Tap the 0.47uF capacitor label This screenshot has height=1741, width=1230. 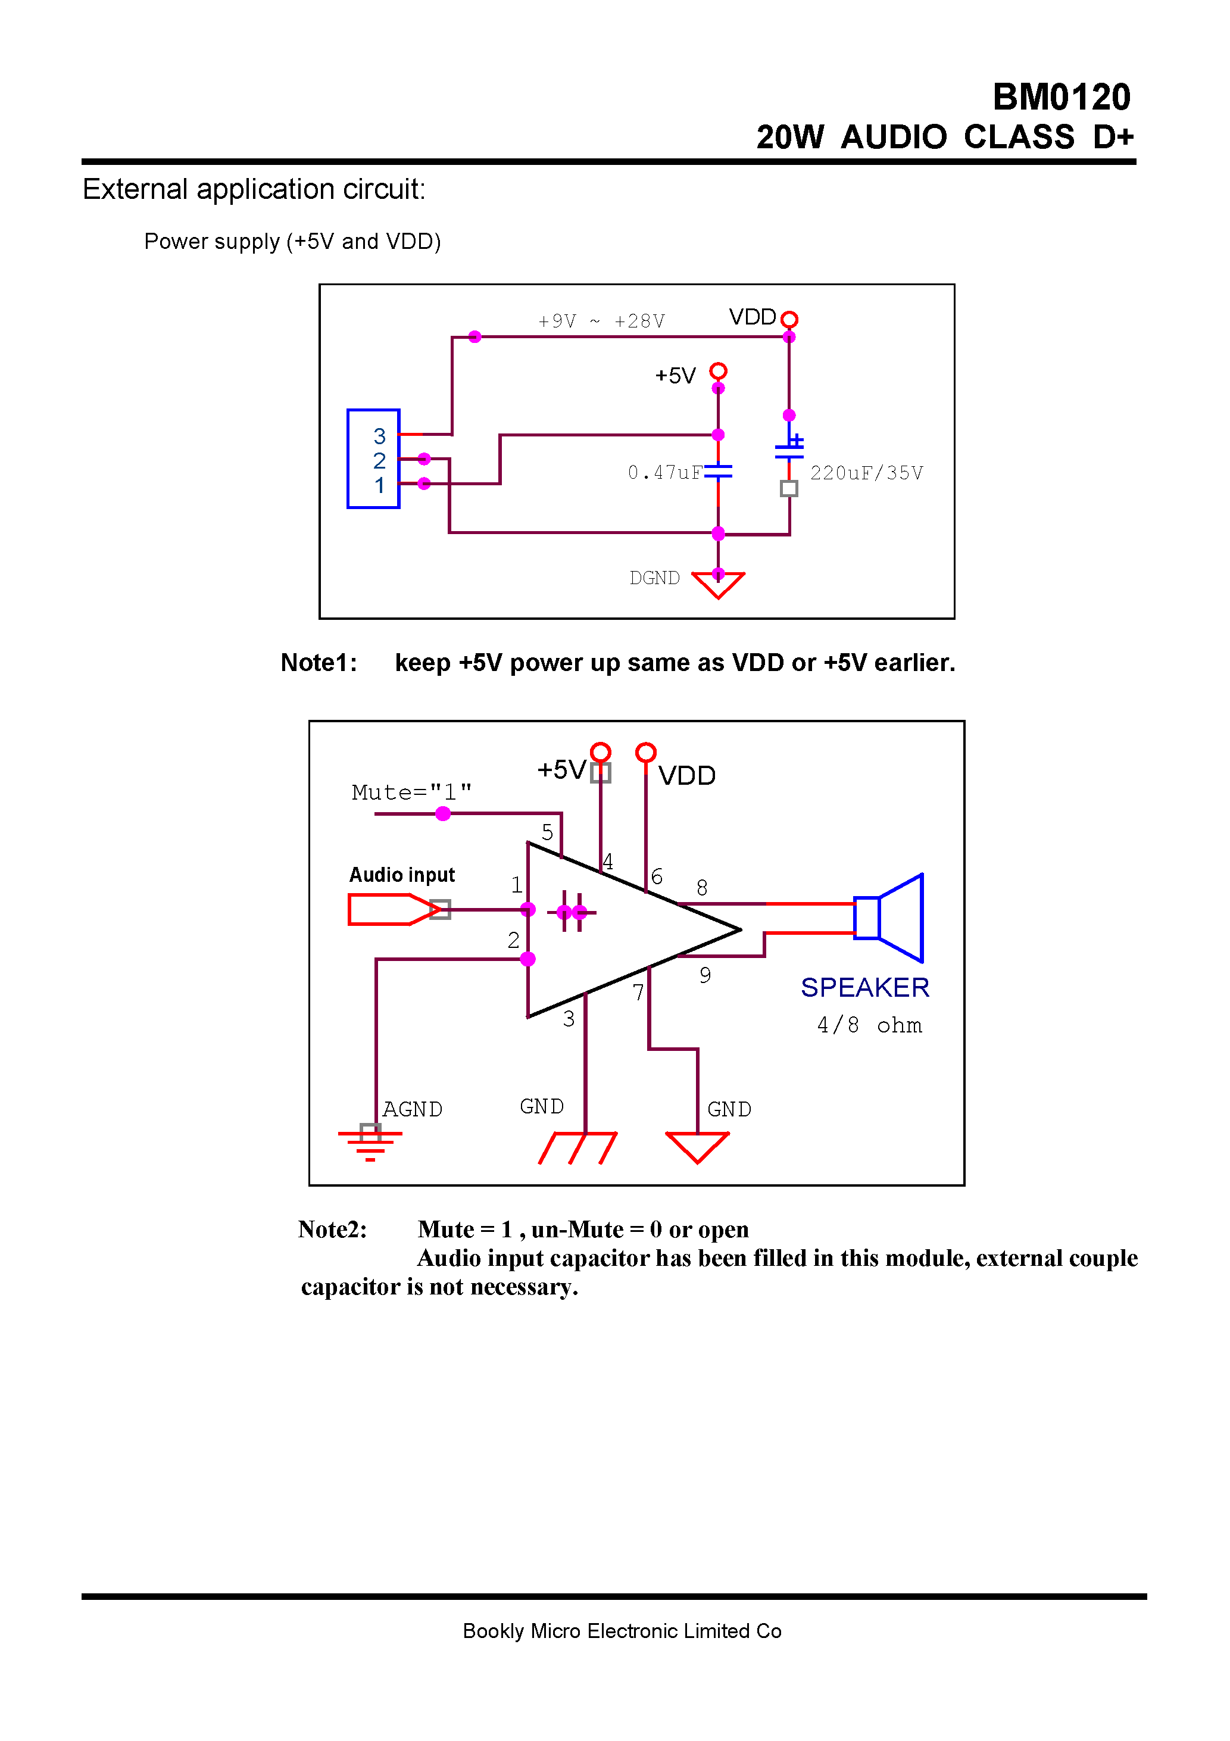click(664, 473)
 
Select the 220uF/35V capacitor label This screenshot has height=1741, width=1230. click(866, 473)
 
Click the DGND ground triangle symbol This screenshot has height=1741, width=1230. click(717, 585)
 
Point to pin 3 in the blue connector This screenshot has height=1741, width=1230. click(379, 436)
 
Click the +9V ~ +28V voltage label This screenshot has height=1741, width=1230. click(601, 322)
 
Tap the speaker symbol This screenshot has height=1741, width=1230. click(889, 918)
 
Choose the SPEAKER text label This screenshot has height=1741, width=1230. click(864, 987)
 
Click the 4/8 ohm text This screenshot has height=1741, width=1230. click(869, 1025)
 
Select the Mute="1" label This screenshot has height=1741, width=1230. click(412, 793)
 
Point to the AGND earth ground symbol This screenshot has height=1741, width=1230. click(370, 1142)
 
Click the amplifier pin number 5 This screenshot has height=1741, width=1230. click(547, 832)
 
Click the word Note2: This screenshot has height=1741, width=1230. click(332, 1229)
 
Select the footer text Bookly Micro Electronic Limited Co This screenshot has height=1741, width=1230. click(622, 1631)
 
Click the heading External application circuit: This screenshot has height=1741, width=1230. click(254, 189)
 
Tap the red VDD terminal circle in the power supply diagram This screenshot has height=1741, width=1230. click(789, 319)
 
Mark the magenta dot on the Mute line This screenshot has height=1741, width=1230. click(443, 813)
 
